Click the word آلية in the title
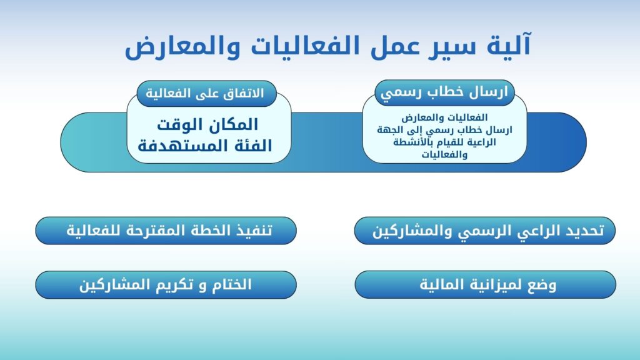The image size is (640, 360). click(509, 45)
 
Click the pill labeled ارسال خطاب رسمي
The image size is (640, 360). click(444, 92)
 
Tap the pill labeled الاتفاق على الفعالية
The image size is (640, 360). click(206, 94)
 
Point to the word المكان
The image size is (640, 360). click(236, 124)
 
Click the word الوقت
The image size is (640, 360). click(183, 125)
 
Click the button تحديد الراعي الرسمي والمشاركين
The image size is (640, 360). click(485, 231)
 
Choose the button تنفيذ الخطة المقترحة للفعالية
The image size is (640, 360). click(166, 231)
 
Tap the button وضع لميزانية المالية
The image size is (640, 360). click(485, 284)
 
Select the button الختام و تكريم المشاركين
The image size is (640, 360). click(166, 285)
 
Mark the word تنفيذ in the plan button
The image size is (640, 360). click(254, 231)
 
